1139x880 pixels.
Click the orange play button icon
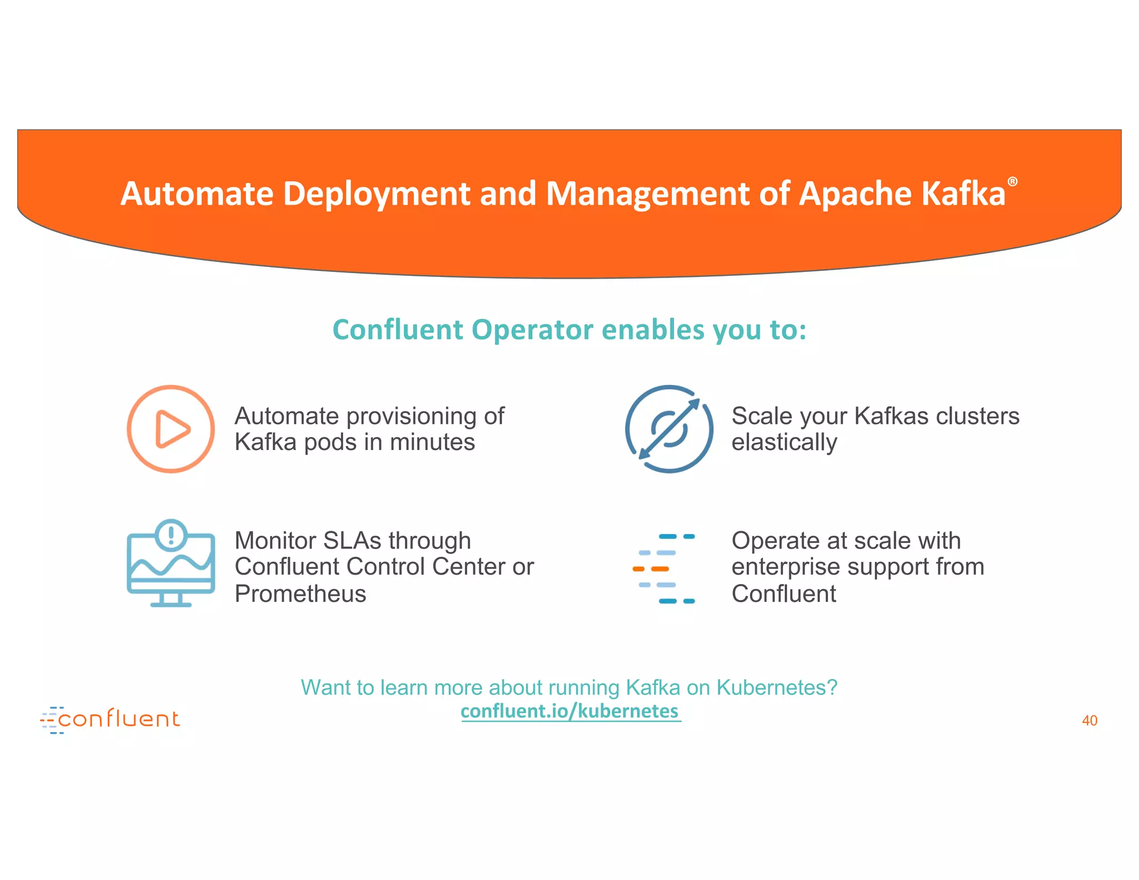[171, 429]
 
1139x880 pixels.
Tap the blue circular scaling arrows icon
[669, 429]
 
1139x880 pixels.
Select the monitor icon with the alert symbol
[171, 563]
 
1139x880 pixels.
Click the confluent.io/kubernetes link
[570, 711]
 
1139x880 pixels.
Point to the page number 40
[1089, 721]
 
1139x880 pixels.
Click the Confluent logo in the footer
[110, 719]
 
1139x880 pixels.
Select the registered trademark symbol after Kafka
[1013, 182]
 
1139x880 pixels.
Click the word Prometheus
[300, 594]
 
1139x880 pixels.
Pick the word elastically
[784, 442]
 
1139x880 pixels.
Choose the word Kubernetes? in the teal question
[776, 688]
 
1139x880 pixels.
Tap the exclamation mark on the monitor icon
[171, 535]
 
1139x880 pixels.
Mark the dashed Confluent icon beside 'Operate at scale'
[664, 568]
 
